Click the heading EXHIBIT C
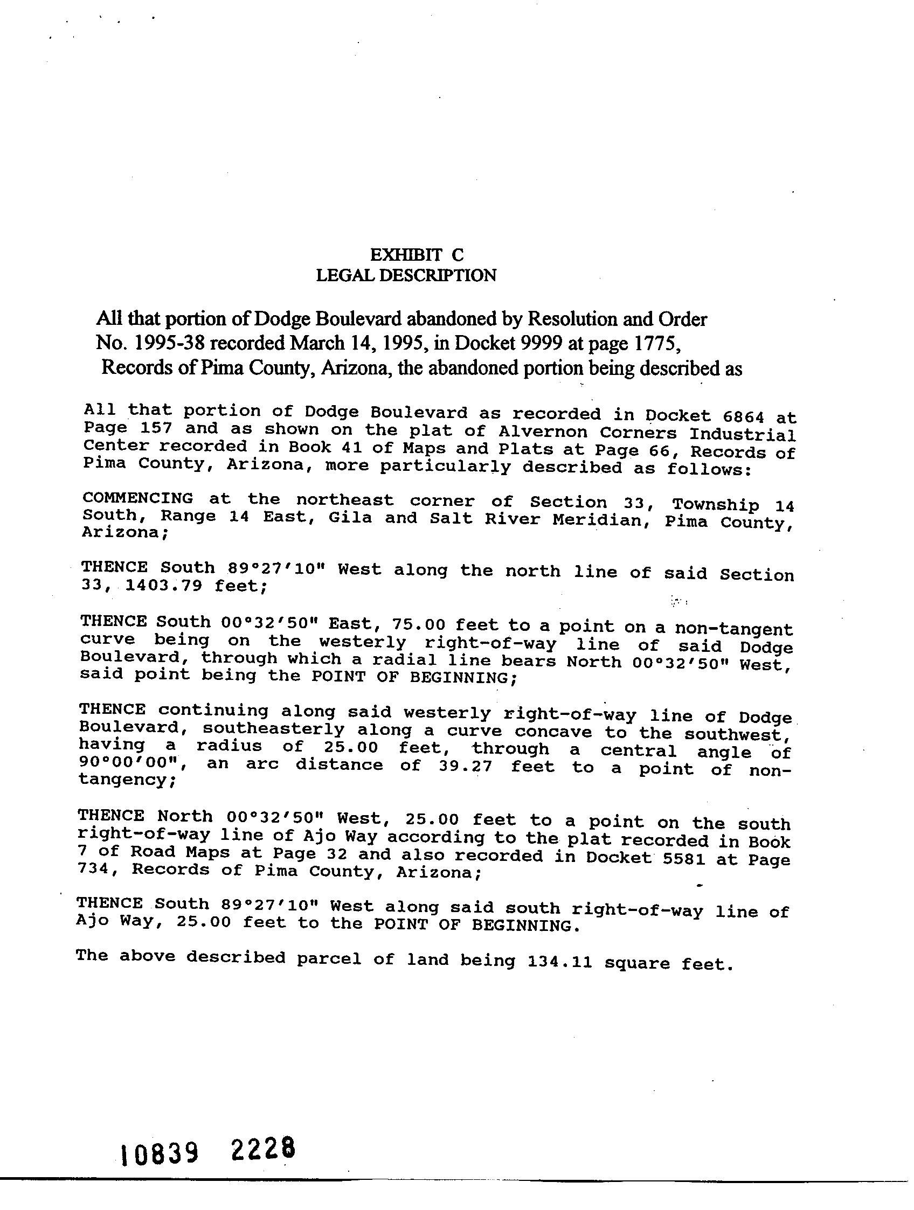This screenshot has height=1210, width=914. click(x=417, y=255)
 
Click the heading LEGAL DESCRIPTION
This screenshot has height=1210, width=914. click(x=406, y=275)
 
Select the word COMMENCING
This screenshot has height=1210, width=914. click(x=138, y=498)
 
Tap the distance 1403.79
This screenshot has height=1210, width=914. click(x=163, y=586)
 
